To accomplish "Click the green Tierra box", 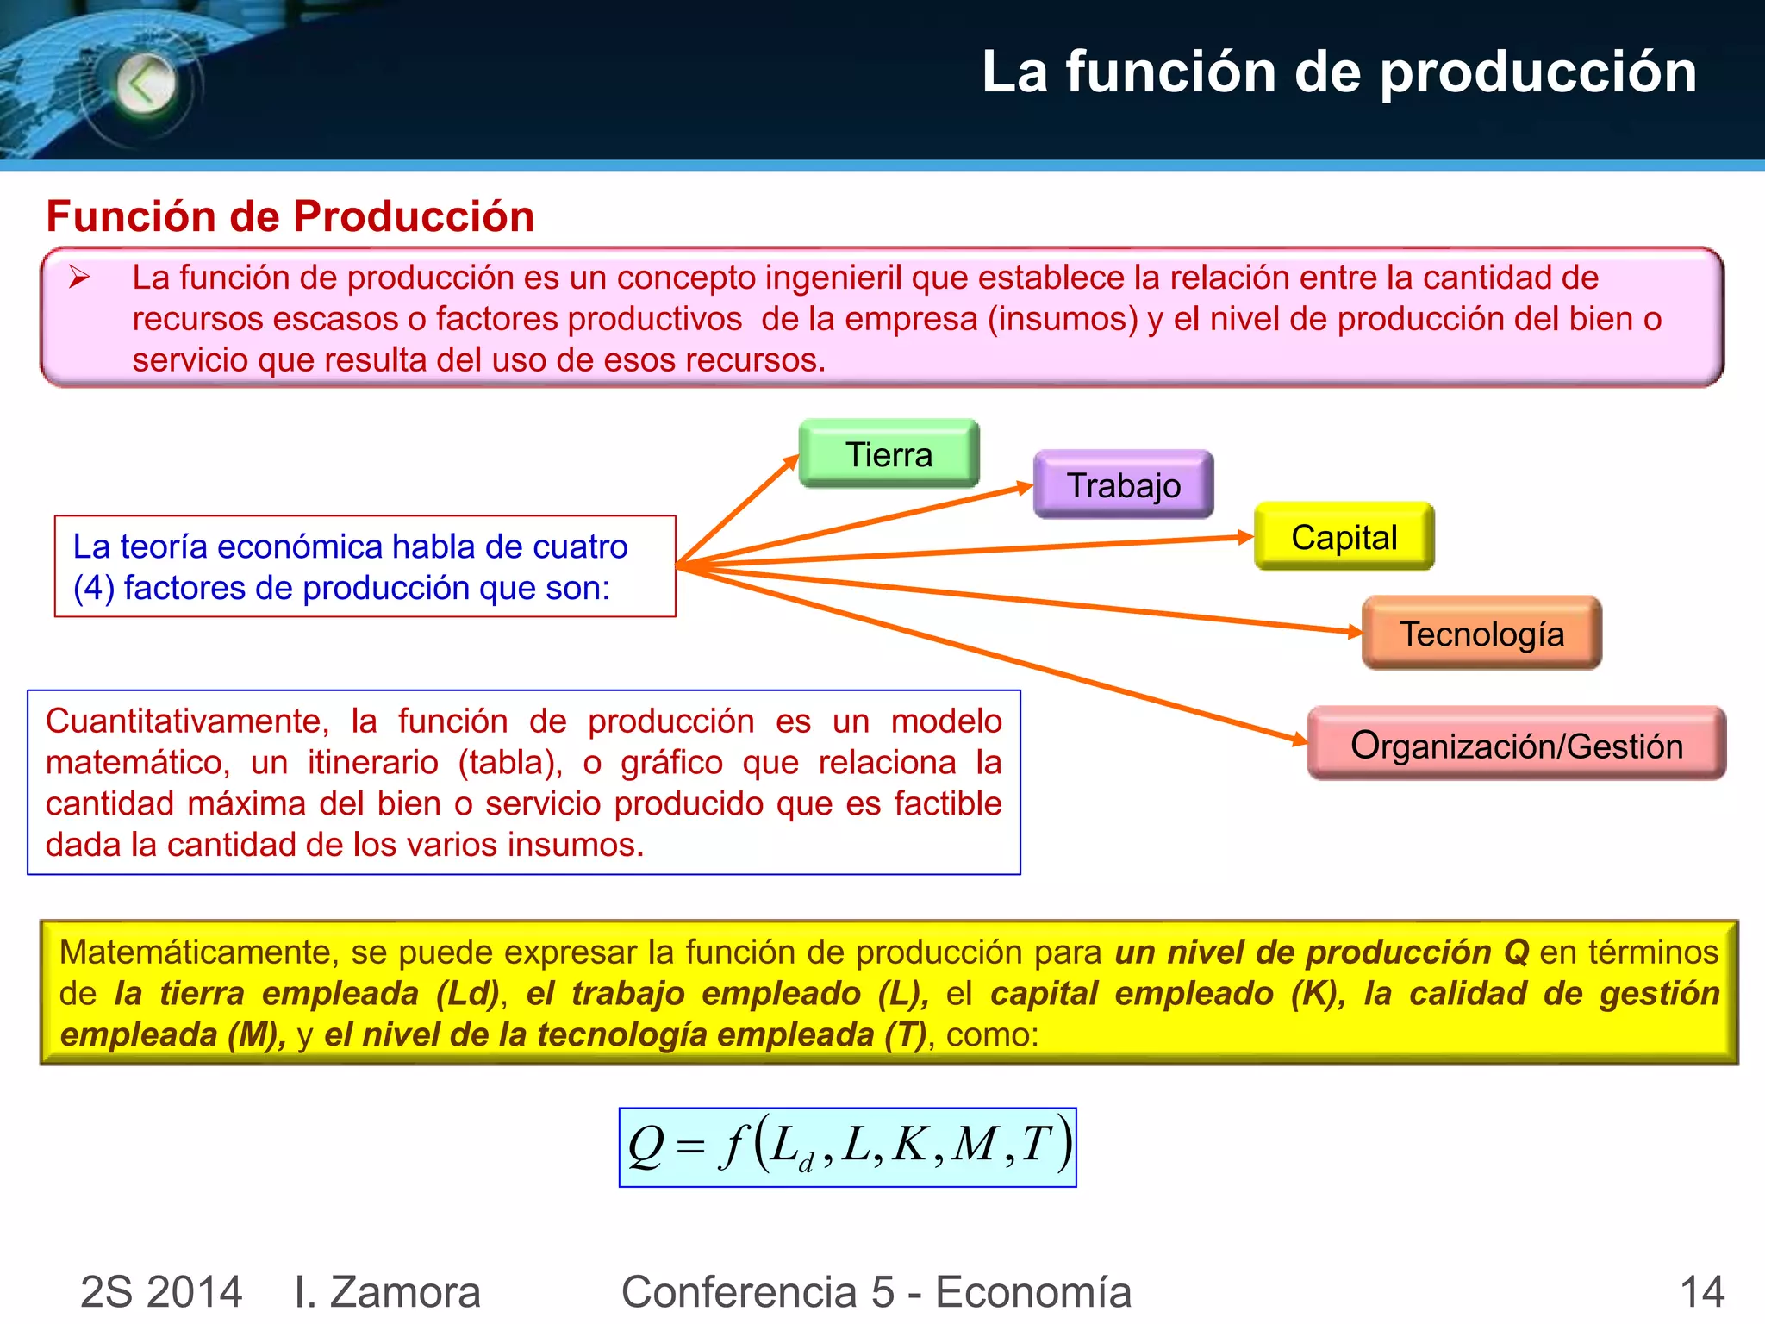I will tap(889, 454).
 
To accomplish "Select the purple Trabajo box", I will tap(1123, 485).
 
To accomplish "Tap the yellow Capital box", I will tap(1344, 537).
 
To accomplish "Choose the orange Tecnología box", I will tap(1481, 634).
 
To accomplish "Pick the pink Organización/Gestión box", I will tap(1516, 745).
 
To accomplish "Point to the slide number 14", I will tap(1701, 1292).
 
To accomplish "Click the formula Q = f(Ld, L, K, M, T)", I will tap(848, 1147).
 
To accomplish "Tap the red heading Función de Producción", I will tap(290, 215).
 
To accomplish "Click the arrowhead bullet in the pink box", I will tap(80, 278).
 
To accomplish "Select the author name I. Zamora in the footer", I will tap(387, 1292).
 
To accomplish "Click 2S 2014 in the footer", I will tap(161, 1292).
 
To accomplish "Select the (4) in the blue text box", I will tap(93, 589).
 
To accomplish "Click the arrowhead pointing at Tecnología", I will tap(1355, 632).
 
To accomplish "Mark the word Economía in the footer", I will tap(1033, 1292).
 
